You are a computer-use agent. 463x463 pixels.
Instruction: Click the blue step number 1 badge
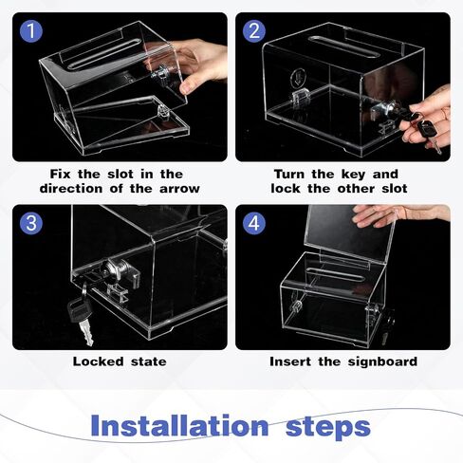(31, 31)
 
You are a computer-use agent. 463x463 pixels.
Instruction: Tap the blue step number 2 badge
(254, 31)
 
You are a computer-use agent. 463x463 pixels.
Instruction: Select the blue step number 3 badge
(31, 223)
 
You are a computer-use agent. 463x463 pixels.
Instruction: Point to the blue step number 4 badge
(254, 223)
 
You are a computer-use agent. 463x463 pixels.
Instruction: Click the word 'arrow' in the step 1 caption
(179, 189)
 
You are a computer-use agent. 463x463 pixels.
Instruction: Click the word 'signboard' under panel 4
(382, 361)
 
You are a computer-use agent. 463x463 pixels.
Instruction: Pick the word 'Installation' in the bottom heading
(179, 426)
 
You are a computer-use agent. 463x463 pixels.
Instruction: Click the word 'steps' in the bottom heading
(328, 427)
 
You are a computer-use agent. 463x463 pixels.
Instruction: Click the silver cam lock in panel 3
(118, 272)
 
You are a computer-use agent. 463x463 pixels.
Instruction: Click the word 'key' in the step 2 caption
(353, 175)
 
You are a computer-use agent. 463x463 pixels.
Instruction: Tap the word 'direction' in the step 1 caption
(71, 189)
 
